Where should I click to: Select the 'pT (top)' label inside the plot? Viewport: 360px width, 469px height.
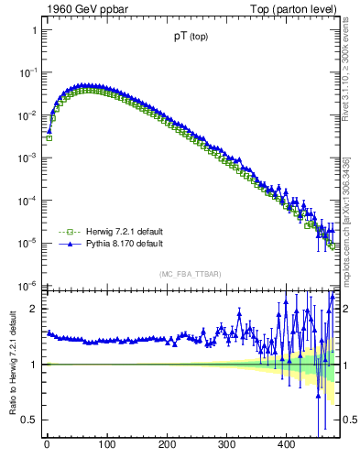190,38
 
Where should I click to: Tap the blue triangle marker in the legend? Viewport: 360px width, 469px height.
66,245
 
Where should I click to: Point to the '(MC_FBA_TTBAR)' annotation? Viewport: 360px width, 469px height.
190,274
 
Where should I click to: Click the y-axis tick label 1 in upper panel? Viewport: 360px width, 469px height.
34,29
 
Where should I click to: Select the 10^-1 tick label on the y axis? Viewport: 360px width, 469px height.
29,72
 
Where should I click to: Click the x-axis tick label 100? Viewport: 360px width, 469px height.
106,445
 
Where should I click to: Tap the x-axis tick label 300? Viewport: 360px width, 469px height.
226,445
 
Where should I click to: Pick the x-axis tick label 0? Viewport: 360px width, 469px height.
47,445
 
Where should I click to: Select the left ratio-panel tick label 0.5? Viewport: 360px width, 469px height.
29,420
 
